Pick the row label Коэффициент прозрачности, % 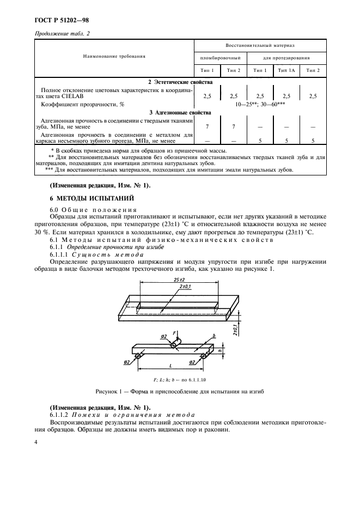(83, 104)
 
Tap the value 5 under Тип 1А (286, 141)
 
